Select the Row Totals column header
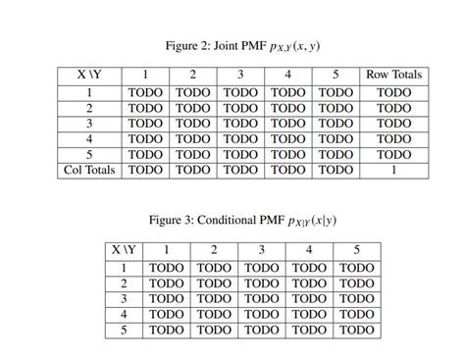(x=393, y=75)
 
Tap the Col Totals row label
(x=89, y=170)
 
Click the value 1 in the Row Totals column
(x=393, y=170)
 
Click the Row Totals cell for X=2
(x=393, y=108)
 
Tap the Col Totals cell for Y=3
(x=241, y=170)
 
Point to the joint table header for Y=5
(x=336, y=75)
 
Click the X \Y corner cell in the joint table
(x=89, y=75)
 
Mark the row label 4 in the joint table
(x=89, y=138)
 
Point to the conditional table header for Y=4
(x=310, y=250)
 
